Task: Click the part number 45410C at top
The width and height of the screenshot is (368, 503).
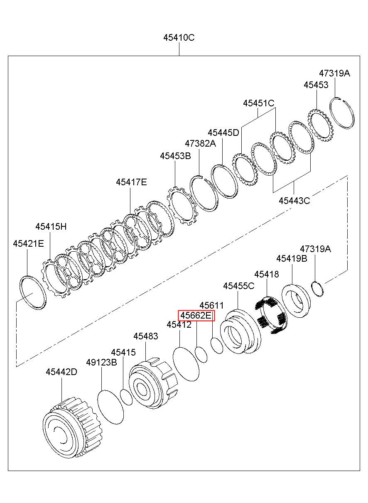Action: click(x=179, y=37)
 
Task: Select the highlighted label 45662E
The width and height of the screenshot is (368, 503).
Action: click(x=196, y=316)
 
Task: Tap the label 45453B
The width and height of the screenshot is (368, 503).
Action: click(x=175, y=156)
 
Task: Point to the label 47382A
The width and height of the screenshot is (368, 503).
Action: click(x=200, y=143)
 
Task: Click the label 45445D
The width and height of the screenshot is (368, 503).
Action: click(x=223, y=132)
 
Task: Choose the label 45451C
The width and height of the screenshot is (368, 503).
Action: click(x=259, y=103)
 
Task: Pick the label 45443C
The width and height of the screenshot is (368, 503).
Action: click(x=294, y=201)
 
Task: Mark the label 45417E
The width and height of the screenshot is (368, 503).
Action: click(x=131, y=182)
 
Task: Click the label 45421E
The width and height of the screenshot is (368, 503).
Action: click(x=28, y=243)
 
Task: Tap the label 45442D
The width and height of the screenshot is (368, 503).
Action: click(x=61, y=372)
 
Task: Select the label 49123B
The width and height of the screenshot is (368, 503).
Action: click(x=101, y=362)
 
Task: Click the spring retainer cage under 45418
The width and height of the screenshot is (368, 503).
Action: click(x=269, y=316)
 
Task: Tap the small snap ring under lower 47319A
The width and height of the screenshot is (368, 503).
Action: click(x=317, y=289)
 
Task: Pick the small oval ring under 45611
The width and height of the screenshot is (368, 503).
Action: click(x=216, y=345)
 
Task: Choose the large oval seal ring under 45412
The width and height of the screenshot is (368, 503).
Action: click(x=185, y=364)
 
